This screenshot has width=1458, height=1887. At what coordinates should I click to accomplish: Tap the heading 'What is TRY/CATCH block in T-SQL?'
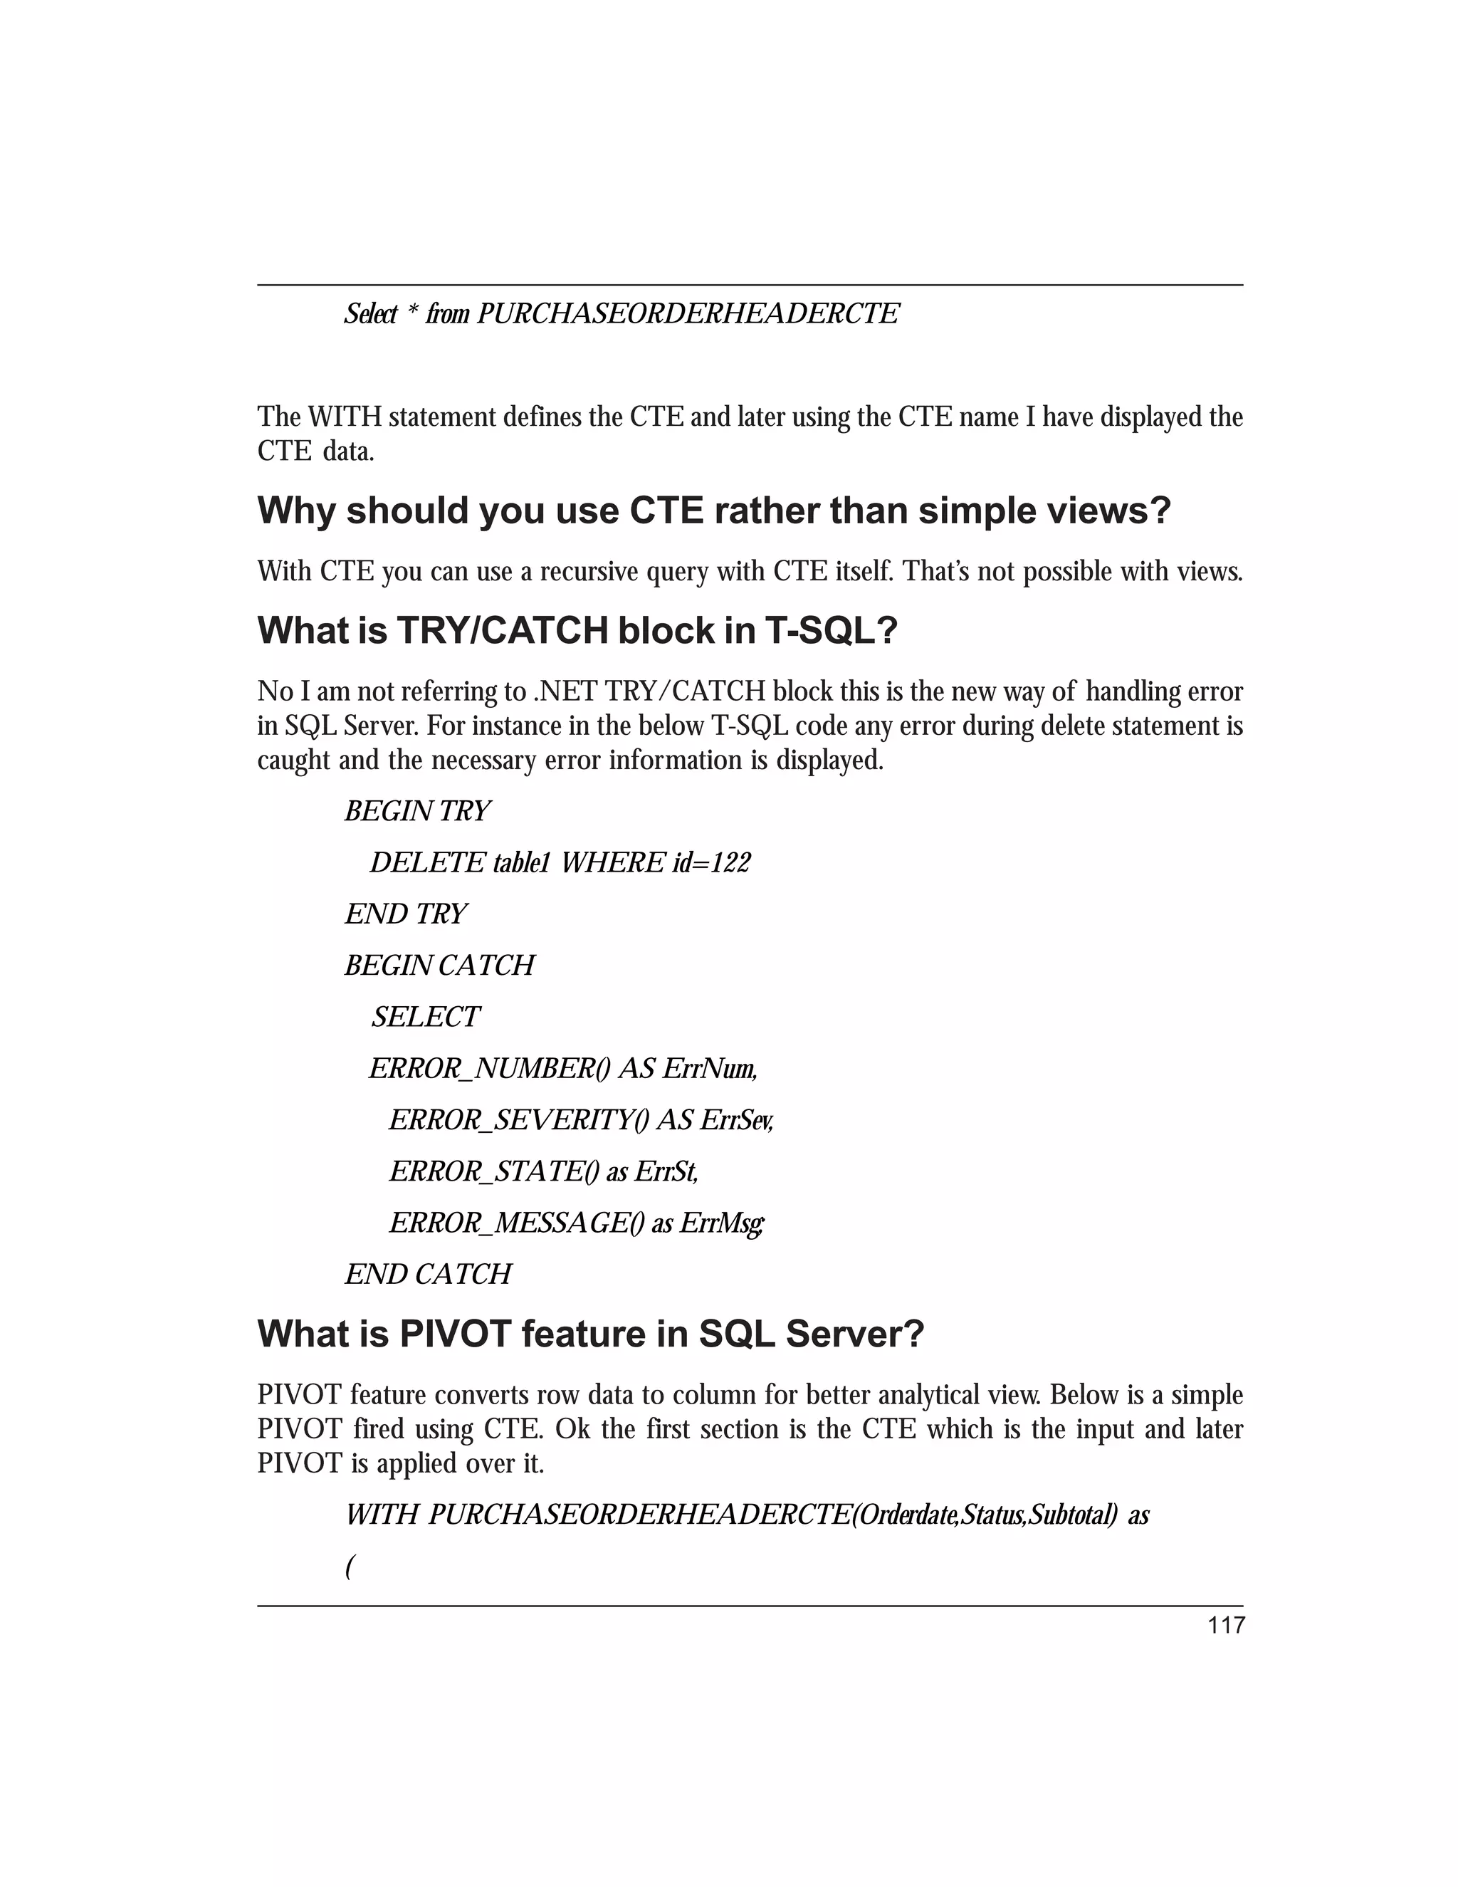coord(577,631)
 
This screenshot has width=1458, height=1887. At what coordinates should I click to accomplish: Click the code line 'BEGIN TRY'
coord(417,811)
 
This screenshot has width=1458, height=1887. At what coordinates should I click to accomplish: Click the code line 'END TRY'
coord(405,914)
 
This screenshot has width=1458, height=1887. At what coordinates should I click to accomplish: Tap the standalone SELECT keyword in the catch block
coord(425,1017)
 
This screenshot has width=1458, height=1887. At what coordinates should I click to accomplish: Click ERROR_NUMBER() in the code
coord(490,1069)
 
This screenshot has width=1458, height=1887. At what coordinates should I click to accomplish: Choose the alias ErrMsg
coord(720,1223)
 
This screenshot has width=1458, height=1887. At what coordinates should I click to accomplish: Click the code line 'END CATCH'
coord(428,1275)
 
